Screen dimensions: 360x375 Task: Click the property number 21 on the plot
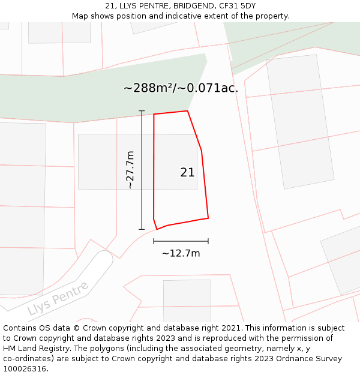coord(187,172)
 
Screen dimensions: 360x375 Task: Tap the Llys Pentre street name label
coord(58,298)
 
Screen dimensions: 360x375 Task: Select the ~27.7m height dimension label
coord(130,170)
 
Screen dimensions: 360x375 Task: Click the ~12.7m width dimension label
coord(181,253)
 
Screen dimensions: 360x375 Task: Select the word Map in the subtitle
coord(80,16)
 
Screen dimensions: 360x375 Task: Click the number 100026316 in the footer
coord(25,369)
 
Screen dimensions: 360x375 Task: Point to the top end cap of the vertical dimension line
coord(142,111)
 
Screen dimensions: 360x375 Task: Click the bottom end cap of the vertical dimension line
coord(142,229)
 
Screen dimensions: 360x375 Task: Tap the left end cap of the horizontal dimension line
coord(154,241)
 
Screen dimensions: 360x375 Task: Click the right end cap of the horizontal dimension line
coord(208,241)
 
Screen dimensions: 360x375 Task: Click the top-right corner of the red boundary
coord(188,111)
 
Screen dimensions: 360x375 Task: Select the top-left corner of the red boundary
coord(154,114)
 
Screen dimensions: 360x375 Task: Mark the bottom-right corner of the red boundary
coord(208,218)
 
